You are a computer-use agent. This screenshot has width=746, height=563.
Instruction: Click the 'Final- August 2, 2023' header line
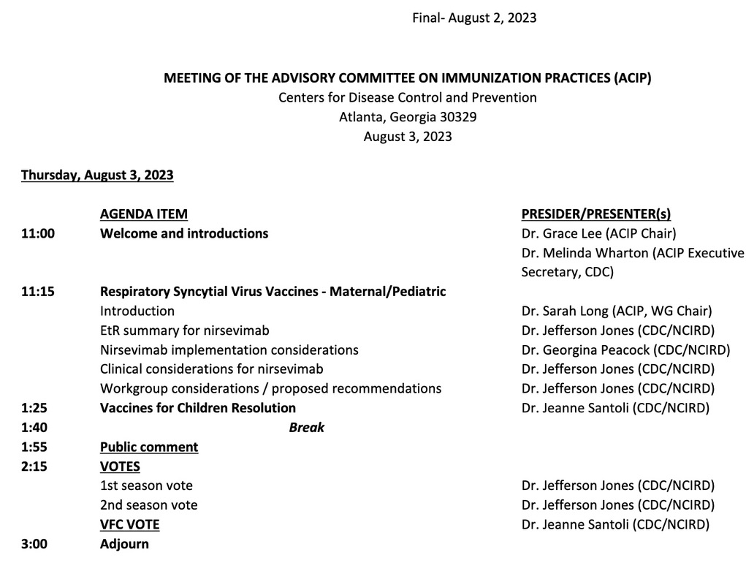point(474,18)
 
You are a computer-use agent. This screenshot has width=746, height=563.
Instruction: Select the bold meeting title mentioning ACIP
point(407,78)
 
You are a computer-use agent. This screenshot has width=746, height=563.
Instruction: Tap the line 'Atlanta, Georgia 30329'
point(408,116)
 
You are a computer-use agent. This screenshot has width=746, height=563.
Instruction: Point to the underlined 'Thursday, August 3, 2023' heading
point(97,175)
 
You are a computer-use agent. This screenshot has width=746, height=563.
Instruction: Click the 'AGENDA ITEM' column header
point(143,214)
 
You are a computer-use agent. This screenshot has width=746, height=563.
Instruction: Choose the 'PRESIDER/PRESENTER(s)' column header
point(596,214)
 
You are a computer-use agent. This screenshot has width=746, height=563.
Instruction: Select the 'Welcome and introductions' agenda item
point(184,233)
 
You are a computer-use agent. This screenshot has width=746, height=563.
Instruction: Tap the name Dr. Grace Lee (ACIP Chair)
point(598,233)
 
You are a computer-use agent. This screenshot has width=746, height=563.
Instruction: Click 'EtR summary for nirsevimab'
point(185,330)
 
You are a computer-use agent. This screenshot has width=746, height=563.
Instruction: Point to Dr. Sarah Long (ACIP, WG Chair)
point(617,311)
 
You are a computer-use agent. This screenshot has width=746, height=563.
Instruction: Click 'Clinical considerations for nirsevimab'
point(211,369)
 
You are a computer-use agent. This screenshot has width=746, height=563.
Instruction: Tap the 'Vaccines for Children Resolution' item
point(198,407)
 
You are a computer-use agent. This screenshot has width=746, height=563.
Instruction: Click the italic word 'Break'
point(307,427)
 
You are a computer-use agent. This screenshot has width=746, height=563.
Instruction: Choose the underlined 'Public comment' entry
point(149,447)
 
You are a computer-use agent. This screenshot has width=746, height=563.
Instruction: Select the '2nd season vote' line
point(148,505)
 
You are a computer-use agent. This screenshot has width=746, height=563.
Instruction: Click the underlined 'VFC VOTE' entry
point(129,524)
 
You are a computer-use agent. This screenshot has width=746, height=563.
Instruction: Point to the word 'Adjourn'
point(124,543)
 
